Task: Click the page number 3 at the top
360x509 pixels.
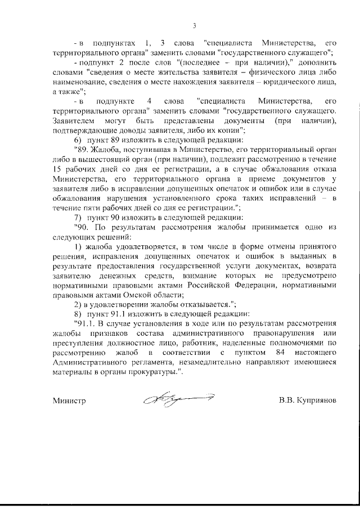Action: coord(193,25)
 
